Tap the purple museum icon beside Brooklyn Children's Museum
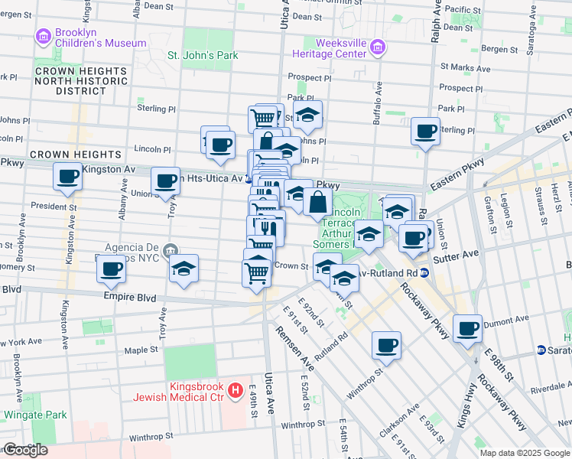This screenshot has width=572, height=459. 42,36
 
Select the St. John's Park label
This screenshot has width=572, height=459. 203,55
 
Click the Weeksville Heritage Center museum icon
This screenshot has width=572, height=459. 376,49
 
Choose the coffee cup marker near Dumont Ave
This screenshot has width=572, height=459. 468,329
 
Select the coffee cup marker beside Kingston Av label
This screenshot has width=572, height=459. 67,177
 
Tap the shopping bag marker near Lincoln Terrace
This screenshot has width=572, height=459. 317,203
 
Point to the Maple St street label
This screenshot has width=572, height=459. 141,350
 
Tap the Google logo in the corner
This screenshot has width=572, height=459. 25,450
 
